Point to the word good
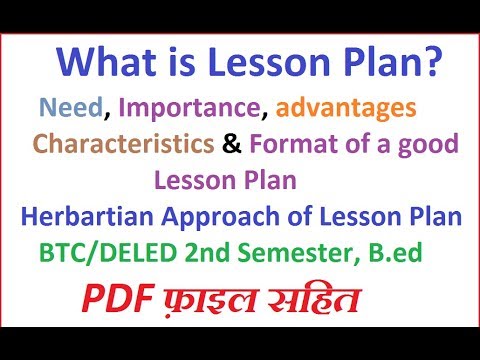[423, 145]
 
